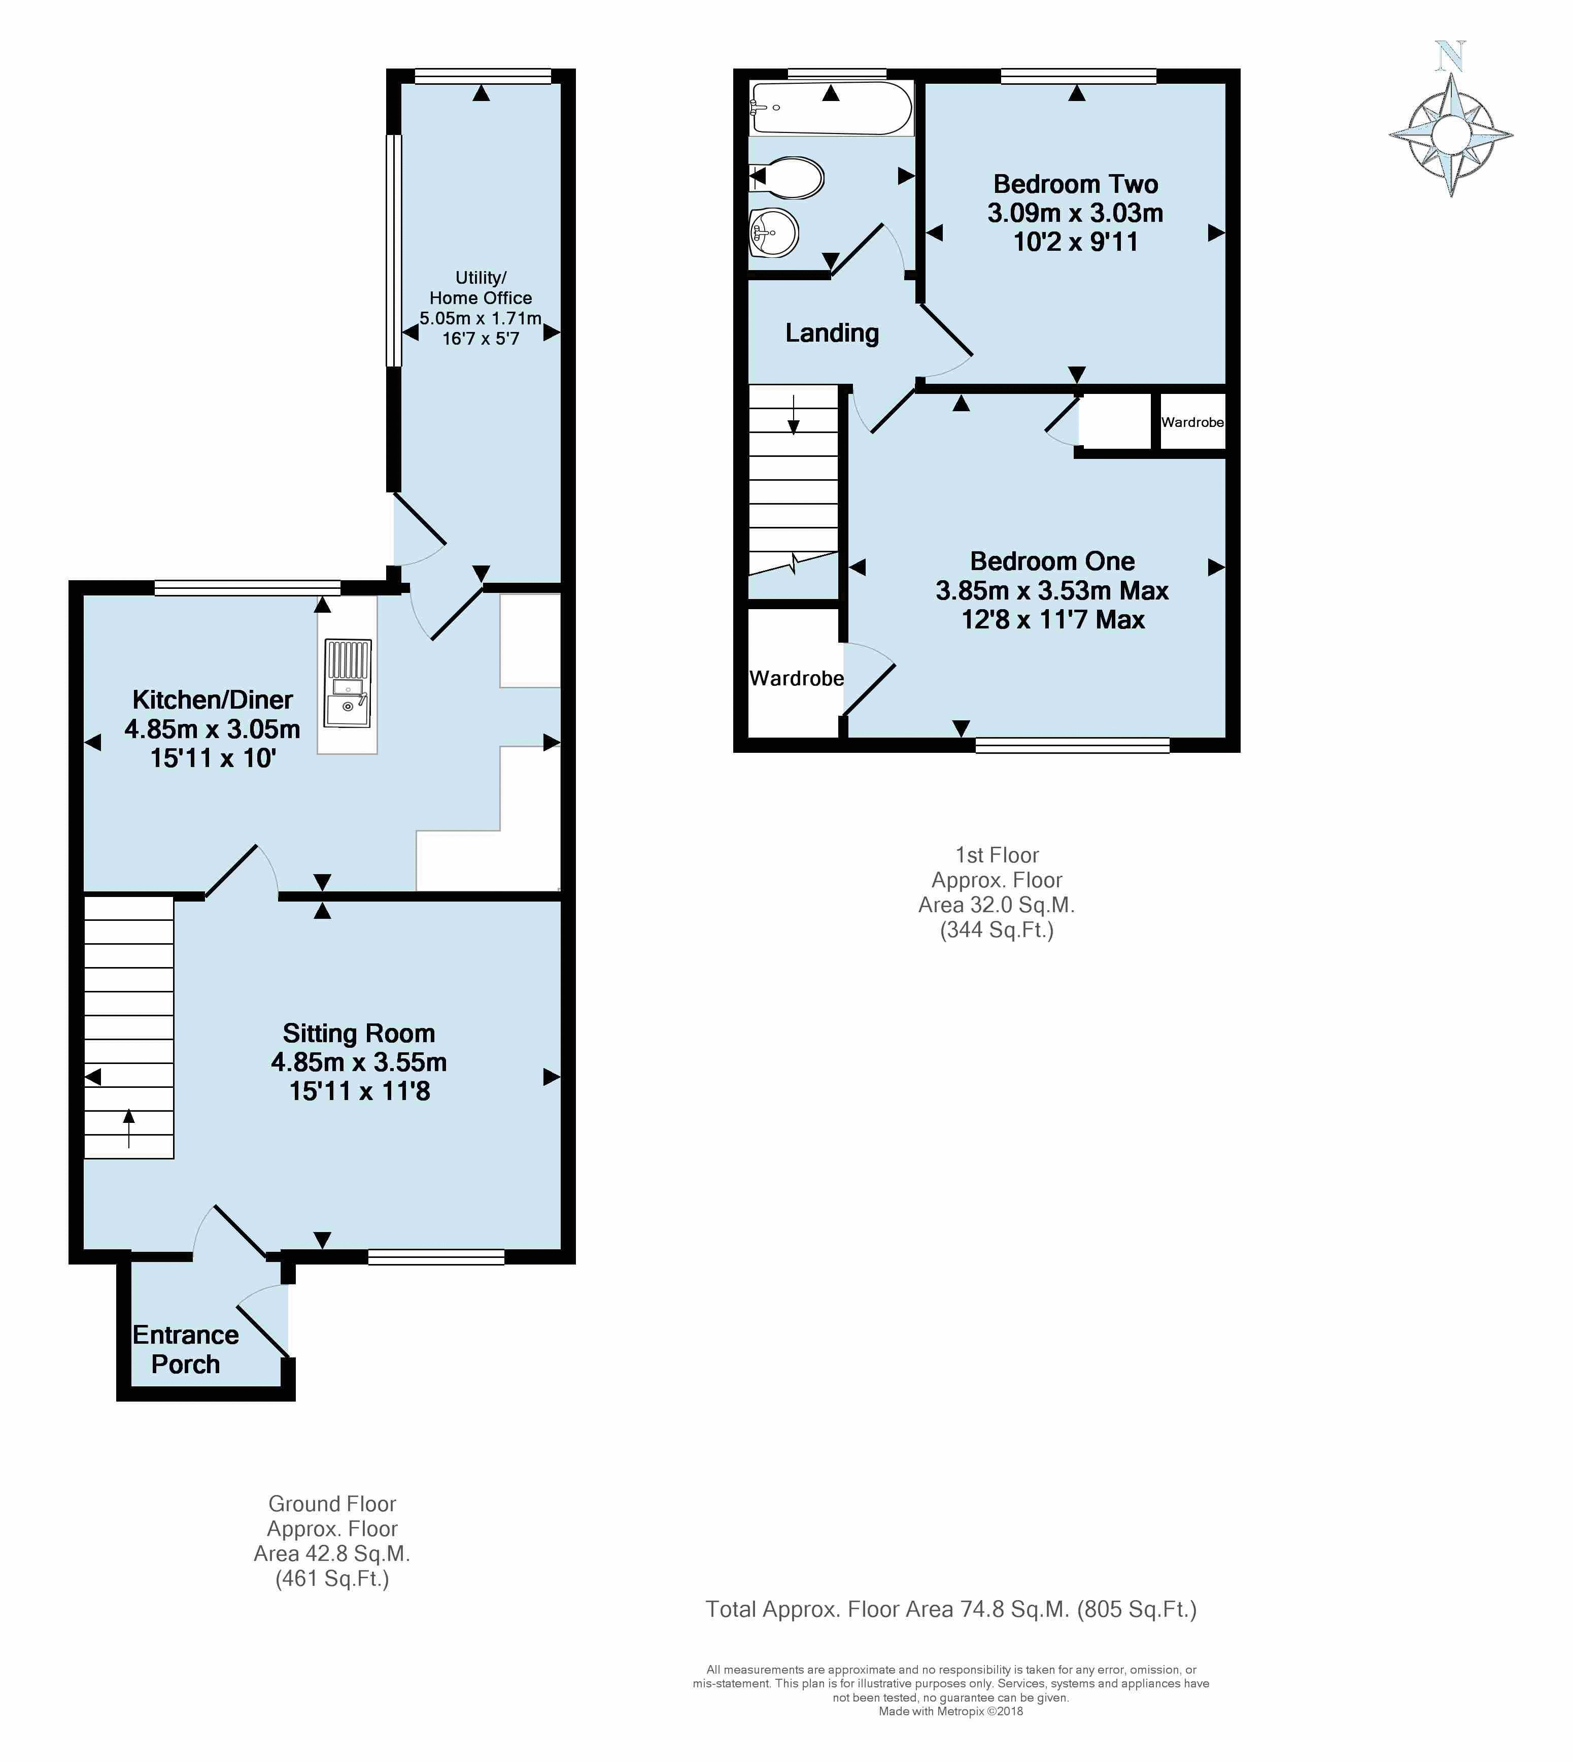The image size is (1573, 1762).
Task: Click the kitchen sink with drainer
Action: pyautogui.click(x=348, y=683)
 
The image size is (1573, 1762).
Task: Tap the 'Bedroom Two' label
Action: pyautogui.click(x=1075, y=184)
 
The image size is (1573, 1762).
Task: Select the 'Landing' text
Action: pyautogui.click(x=832, y=333)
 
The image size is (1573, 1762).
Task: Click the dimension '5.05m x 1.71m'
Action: pyautogui.click(x=481, y=318)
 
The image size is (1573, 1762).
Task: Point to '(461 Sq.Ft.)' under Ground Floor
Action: pyautogui.click(x=332, y=1579)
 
